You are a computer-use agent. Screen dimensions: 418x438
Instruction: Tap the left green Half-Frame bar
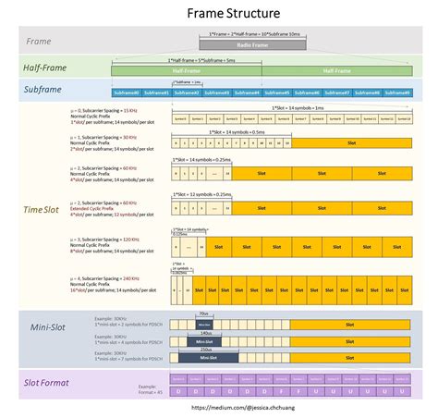tap(186, 70)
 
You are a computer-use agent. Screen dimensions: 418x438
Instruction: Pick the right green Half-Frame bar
tap(336, 70)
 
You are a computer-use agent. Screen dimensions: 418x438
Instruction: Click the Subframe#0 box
tap(127, 92)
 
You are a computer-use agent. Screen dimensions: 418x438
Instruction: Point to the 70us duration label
tap(203, 314)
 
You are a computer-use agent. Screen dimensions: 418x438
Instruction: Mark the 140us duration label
tap(204, 332)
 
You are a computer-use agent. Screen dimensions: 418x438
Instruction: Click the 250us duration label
tap(204, 349)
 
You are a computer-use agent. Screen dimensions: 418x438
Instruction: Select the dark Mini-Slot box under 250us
tap(207, 358)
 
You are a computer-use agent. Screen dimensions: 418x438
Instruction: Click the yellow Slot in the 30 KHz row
tap(351, 144)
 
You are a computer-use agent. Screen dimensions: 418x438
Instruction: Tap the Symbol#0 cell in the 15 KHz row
tap(179, 118)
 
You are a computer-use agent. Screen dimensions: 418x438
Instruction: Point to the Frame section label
tap(39, 42)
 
